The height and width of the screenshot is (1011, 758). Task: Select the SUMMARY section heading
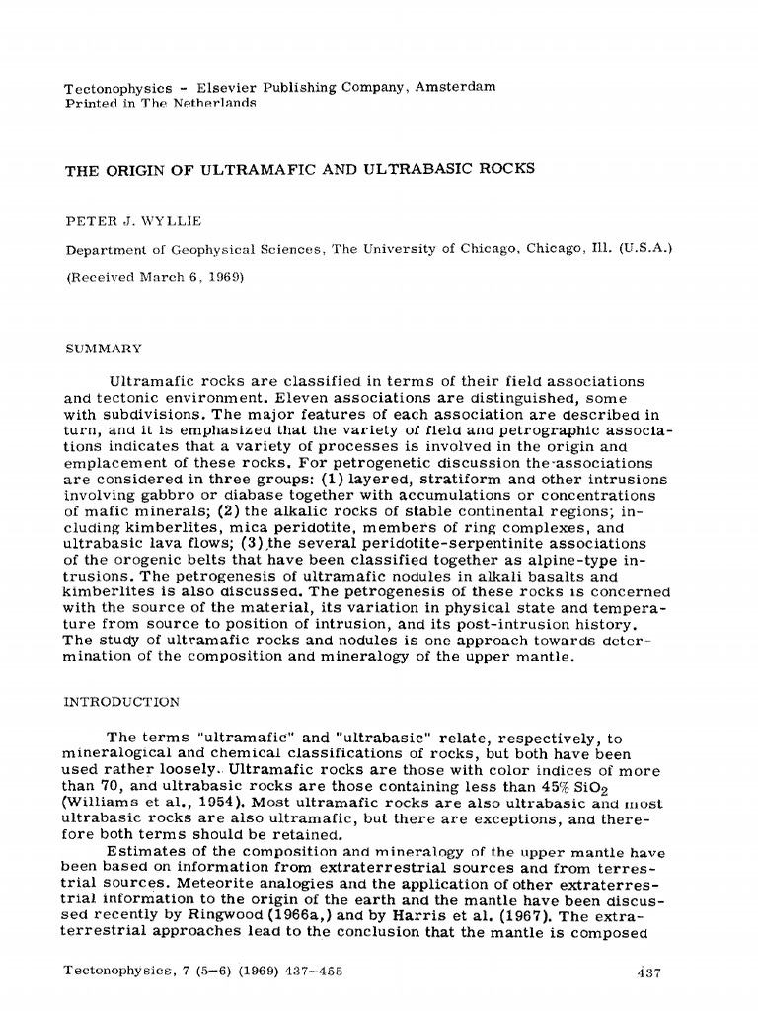[104, 349]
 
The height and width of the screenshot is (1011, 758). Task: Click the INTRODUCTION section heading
[122, 702]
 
